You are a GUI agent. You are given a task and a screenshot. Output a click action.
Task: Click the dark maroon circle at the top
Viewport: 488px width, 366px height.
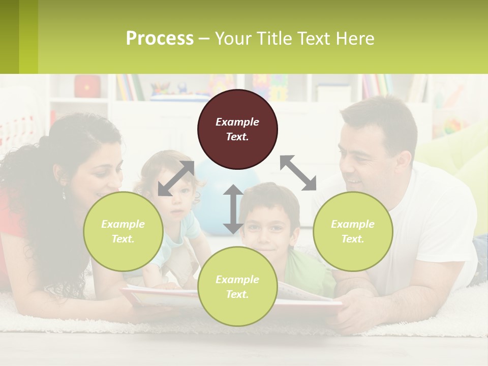[x=237, y=130]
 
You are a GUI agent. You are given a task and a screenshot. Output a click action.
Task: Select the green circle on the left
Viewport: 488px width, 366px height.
[x=123, y=231]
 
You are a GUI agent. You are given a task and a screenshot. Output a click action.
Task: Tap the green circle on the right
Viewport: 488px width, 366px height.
[x=353, y=231]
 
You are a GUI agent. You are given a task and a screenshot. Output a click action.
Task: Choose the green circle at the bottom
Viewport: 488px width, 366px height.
[x=237, y=287]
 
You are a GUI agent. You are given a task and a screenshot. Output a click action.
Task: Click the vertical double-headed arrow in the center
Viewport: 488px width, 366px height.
[x=233, y=209]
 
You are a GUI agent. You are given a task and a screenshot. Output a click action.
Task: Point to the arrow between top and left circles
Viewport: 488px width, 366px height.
[x=176, y=178]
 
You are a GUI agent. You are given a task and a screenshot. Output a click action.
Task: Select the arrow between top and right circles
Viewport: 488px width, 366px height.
[x=298, y=173]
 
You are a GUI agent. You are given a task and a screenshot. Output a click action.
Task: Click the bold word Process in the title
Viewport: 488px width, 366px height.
[x=160, y=38]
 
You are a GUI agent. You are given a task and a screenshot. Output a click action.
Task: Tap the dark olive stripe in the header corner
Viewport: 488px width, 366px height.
[x=9, y=37]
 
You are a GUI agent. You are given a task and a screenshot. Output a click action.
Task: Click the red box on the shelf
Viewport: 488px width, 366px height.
[x=87, y=86]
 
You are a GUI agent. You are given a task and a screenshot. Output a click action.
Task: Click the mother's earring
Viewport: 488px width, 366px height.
[x=65, y=194]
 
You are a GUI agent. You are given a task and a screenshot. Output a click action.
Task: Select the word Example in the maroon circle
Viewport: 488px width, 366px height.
[x=237, y=122]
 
